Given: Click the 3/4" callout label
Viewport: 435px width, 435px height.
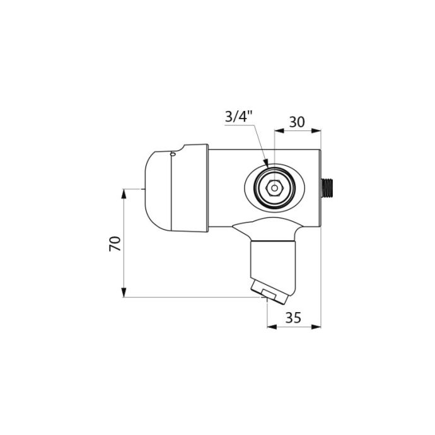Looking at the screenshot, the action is point(238,117).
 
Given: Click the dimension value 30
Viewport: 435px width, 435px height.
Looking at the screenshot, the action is point(297,122).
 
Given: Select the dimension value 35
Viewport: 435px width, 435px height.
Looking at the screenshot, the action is point(293,318).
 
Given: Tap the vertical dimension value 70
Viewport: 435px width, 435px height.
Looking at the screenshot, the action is point(115,243).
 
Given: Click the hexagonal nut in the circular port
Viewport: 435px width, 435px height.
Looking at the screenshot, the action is point(274,188).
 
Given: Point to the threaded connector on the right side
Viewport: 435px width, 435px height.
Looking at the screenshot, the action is point(327,188).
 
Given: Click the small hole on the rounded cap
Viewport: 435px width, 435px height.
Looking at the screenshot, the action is point(173,154).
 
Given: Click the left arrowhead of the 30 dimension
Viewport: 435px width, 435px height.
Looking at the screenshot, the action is point(279,131).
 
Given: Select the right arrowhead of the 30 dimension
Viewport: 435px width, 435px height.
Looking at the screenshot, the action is point(316,131).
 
